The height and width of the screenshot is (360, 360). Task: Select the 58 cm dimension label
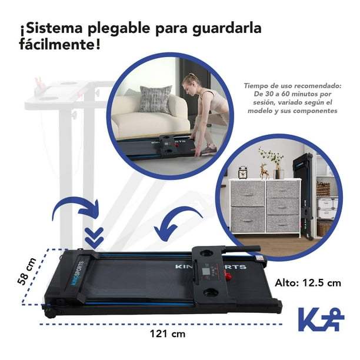click(x=27, y=271)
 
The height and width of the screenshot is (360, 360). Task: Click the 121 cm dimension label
click(x=168, y=334)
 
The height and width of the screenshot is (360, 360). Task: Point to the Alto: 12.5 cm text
click(x=308, y=282)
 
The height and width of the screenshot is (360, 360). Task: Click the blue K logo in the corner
click(x=321, y=319)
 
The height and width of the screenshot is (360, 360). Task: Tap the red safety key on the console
click(x=228, y=276)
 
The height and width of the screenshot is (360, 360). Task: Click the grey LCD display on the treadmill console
click(x=205, y=273)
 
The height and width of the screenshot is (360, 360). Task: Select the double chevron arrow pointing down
click(x=94, y=238)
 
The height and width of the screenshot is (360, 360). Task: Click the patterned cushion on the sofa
click(x=156, y=99)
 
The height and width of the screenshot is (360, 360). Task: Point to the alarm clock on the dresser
click(x=243, y=172)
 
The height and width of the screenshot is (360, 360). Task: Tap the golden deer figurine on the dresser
click(x=264, y=171)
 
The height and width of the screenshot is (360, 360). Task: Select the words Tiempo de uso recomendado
click(x=292, y=86)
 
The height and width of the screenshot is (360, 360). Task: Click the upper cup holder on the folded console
click(x=205, y=253)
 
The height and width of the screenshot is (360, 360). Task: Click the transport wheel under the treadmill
click(x=50, y=314)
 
